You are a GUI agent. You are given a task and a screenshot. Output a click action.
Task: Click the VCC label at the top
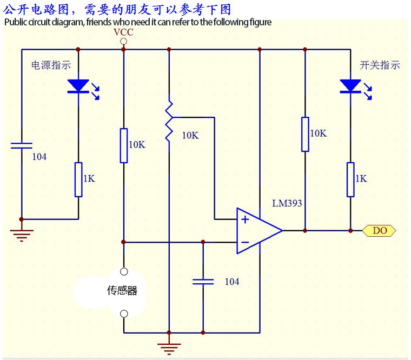pos(123,32)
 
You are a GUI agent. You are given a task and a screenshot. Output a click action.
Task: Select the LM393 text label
pos(287,204)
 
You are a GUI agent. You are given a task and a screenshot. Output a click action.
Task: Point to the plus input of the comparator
pos(245,219)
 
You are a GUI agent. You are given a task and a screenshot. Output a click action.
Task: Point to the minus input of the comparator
pos(245,242)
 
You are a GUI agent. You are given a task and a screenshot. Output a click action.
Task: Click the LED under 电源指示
pos(78,86)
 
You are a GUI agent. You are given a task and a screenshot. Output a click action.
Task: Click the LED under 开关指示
pos(350,86)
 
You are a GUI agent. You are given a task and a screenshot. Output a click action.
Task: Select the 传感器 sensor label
pos(122,291)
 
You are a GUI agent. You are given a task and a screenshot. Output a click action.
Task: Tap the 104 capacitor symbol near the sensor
pos(203,282)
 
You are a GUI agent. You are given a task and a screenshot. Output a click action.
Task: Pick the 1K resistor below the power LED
pos(78,179)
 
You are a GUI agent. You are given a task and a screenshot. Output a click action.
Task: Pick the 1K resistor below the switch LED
pos(350,179)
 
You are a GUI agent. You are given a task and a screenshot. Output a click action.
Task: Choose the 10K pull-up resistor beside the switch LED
pos(305,134)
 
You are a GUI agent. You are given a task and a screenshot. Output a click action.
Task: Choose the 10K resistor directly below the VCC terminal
pos(124,145)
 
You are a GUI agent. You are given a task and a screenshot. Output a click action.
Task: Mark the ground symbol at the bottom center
pos(169,346)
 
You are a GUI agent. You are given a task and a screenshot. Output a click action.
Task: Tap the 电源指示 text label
pos(51,65)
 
